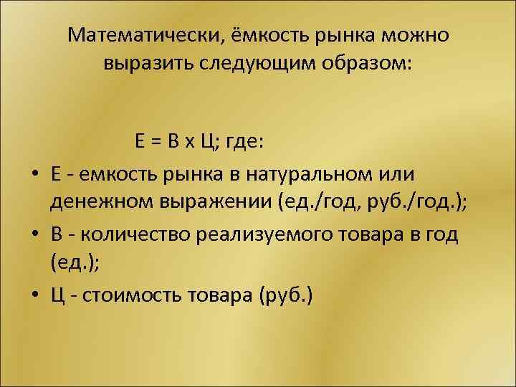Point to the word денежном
pyautogui.click(x=96, y=203)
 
